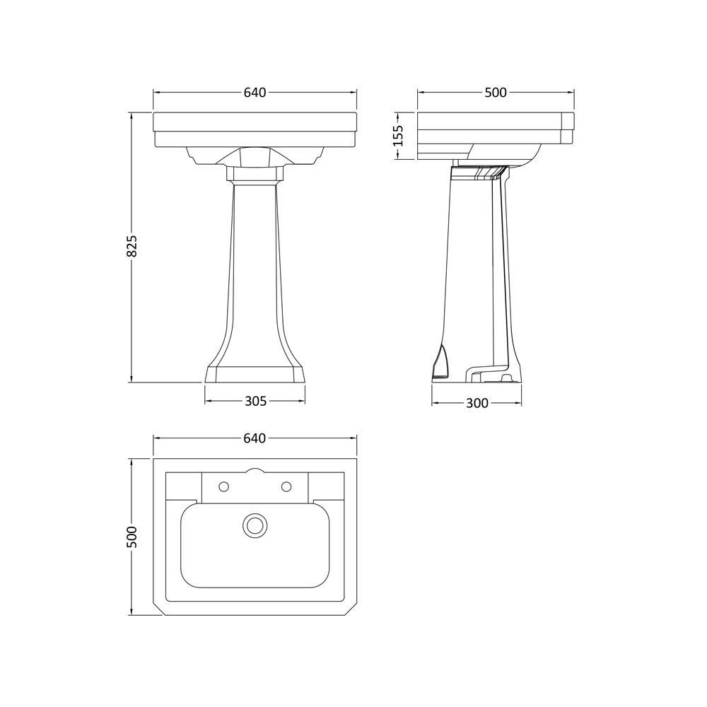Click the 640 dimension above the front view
[255, 93]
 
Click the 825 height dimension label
[132, 246]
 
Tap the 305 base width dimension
[256, 401]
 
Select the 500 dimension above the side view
[496, 93]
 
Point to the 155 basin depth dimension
[398, 136]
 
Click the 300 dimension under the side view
[477, 403]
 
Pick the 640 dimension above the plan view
[255, 438]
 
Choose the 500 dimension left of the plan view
[132, 537]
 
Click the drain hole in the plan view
[255, 525]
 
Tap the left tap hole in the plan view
[223, 486]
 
